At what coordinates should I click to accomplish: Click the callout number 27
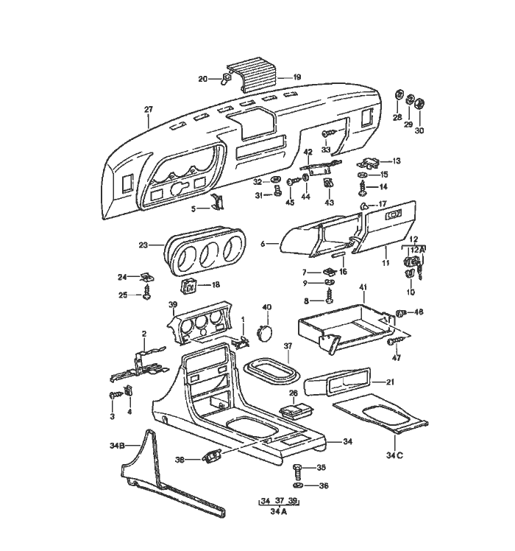click(x=149, y=110)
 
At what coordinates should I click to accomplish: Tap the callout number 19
click(x=296, y=77)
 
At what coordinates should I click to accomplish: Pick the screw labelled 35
click(x=298, y=468)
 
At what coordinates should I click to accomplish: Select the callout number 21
click(x=391, y=382)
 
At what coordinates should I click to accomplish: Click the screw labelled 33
click(x=328, y=133)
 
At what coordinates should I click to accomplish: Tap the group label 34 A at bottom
click(x=277, y=512)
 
